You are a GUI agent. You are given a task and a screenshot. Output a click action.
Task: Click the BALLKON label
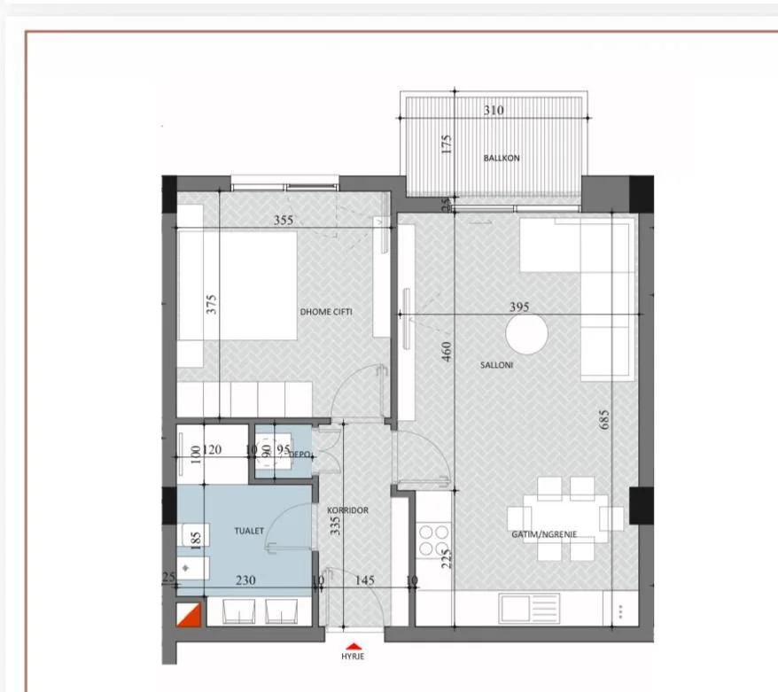pyautogui.click(x=501, y=159)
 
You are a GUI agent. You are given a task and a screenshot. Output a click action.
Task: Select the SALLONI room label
pyautogui.click(x=497, y=364)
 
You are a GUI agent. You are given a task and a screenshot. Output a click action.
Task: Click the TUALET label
pyautogui.click(x=249, y=531)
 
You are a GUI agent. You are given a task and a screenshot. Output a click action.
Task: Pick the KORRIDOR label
pyautogui.click(x=347, y=511)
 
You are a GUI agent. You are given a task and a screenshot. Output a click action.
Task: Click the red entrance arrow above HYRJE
pyautogui.click(x=354, y=646)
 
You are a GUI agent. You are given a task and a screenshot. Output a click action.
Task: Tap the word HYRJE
pyautogui.click(x=354, y=657)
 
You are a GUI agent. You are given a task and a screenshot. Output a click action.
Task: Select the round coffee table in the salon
pyautogui.click(x=527, y=337)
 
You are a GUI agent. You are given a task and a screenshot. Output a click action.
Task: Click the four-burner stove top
pyautogui.click(x=433, y=540)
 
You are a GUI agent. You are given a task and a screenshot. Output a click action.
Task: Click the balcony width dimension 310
pyautogui.click(x=494, y=111)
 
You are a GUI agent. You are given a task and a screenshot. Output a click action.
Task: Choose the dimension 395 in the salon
pyautogui.click(x=519, y=307)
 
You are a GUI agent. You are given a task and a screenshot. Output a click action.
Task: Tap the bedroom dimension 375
pyautogui.click(x=211, y=305)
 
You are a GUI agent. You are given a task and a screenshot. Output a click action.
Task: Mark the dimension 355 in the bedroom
pyautogui.click(x=283, y=220)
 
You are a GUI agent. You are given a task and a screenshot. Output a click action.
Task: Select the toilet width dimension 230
pyautogui.click(x=245, y=580)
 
